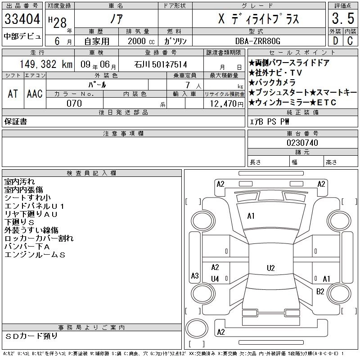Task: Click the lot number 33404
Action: [x=22, y=19]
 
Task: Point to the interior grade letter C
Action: [x=349, y=40]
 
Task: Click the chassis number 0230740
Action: [x=302, y=143]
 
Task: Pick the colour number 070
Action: [x=74, y=103]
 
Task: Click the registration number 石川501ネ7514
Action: [x=160, y=64]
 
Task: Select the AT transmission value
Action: [x=13, y=94]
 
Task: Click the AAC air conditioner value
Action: [x=35, y=94]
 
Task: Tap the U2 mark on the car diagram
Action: [x=270, y=268]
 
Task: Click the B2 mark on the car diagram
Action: [x=320, y=292]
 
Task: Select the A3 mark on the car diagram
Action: [x=195, y=276]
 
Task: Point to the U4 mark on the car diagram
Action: [x=215, y=279]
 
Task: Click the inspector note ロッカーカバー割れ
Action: [x=39, y=238]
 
